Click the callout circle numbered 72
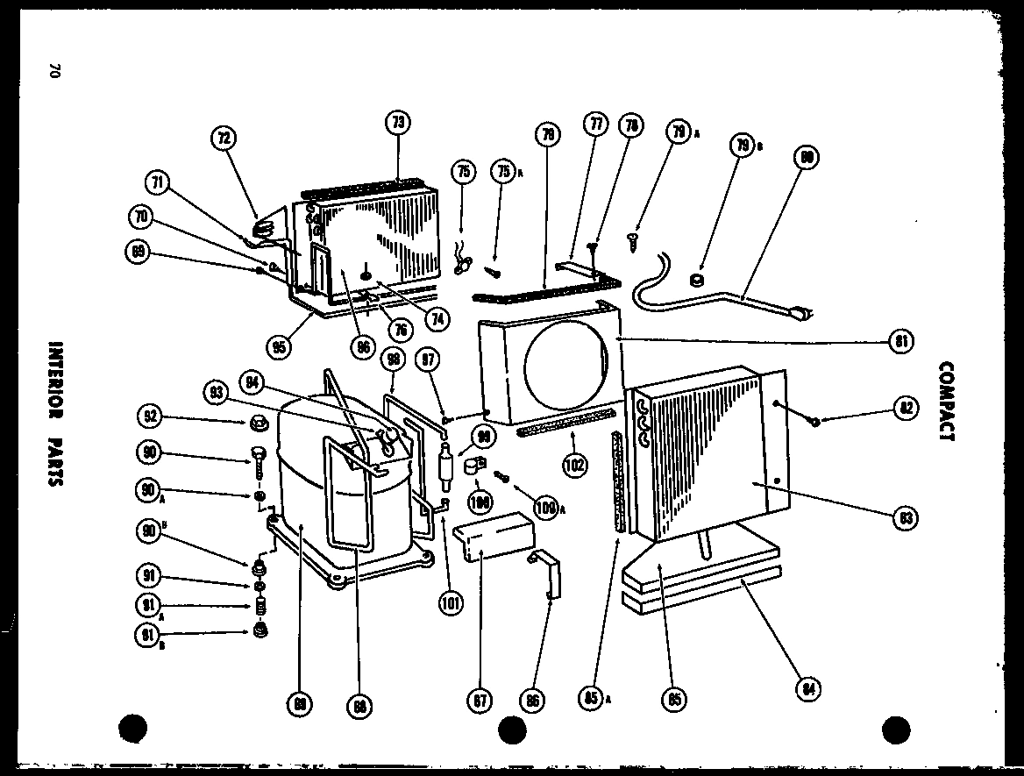[x=224, y=139]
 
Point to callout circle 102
[x=575, y=466]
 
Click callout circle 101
[x=453, y=602]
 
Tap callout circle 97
[x=430, y=360]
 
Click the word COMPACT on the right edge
[x=945, y=402]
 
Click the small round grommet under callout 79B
[x=697, y=281]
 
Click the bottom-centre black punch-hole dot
[x=512, y=728]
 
